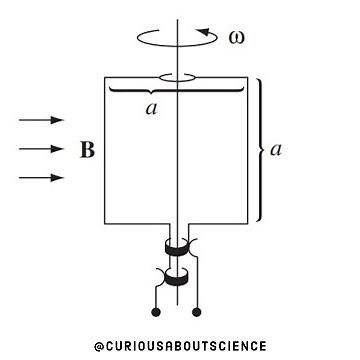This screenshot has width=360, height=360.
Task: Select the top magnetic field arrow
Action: pyautogui.click(x=41, y=121)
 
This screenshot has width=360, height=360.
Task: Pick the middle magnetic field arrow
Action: pyautogui.click(x=41, y=150)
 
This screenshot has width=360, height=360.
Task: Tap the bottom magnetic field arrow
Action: pyautogui.click(x=41, y=179)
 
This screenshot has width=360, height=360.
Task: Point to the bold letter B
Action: pyautogui.click(x=86, y=151)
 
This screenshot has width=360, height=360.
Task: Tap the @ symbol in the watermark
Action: pyautogui.click(x=98, y=346)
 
